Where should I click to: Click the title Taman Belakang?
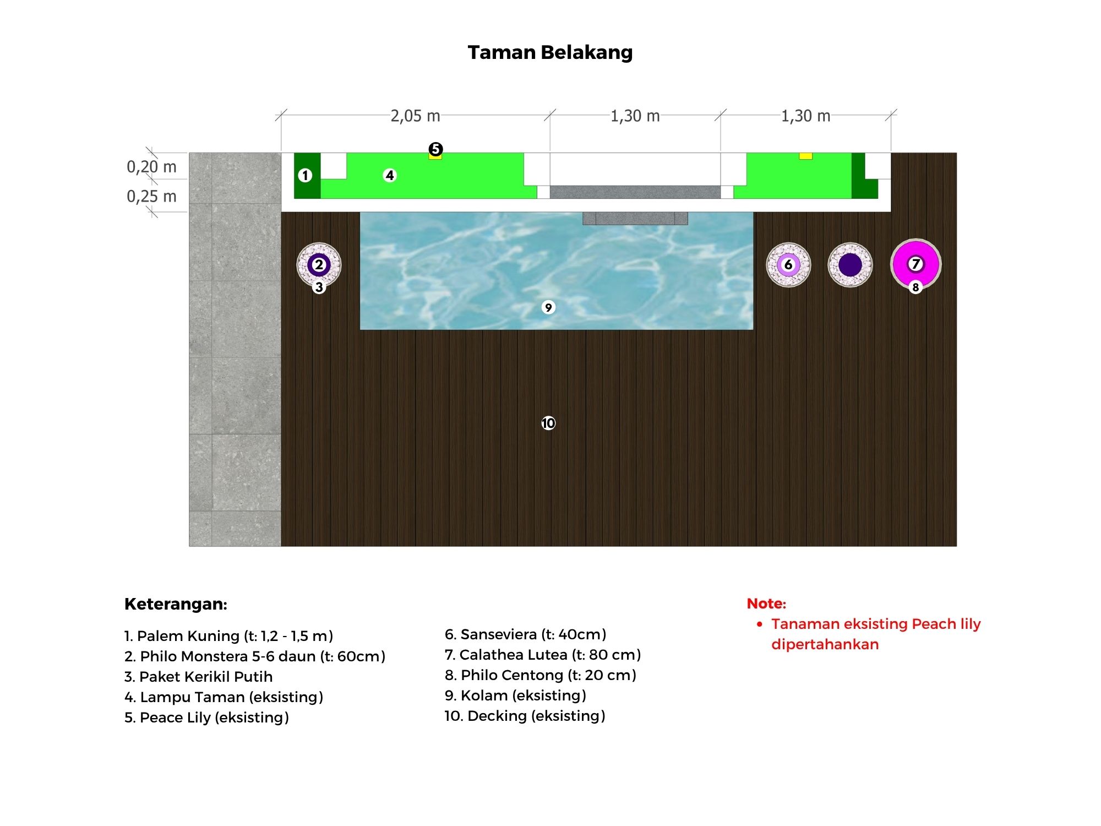tap(550, 52)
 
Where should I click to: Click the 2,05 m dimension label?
tap(415, 116)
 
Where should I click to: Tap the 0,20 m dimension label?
tap(151, 166)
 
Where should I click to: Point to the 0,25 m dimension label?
tap(151, 196)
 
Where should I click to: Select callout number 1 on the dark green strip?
tap(305, 175)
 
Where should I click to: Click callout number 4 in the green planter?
tap(390, 175)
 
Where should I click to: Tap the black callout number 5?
tap(435, 149)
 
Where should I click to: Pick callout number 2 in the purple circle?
tap(319, 265)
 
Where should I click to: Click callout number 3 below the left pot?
tap(319, 287)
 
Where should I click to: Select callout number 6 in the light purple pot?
tap(788, 265)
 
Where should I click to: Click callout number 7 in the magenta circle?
tap(915, 264)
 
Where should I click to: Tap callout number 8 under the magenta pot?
tap(915, 287)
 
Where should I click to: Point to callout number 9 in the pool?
tap(548, 307)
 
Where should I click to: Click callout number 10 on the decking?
tap(548, 423)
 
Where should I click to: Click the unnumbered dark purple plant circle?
tap(850, 265)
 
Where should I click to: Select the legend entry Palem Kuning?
tap(228, 636)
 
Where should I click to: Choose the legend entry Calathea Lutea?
tap(543, 655)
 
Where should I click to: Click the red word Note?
tap(766, 604)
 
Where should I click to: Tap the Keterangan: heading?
tap(176, 604)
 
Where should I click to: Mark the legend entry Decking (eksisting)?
tap(525, 716)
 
